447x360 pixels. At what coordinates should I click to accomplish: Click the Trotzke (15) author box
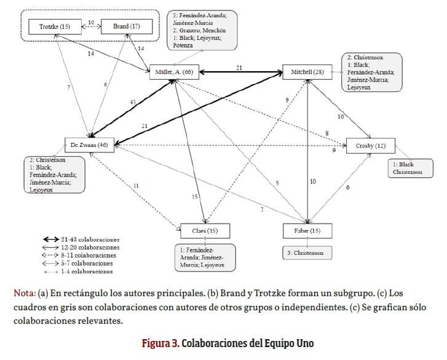click(55, 27)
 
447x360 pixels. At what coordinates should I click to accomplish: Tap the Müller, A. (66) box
click(175, 72)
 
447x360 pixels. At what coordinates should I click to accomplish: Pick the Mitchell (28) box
click(307, 72)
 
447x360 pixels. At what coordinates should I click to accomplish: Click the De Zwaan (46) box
click(90, 146)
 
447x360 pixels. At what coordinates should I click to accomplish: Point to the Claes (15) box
click(205, 231)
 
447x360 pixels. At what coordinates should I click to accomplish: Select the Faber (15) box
click(307, 231)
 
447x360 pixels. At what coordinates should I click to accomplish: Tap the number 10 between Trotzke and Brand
click(91, 23)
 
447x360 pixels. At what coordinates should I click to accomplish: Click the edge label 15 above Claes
click(194, 197)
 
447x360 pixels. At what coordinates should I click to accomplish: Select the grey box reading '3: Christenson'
click(307, 252)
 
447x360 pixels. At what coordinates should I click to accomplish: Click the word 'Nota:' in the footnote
click(24, 292)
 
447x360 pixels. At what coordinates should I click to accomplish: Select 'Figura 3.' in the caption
click(161, 342)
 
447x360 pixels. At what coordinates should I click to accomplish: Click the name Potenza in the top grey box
click(183, 45)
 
